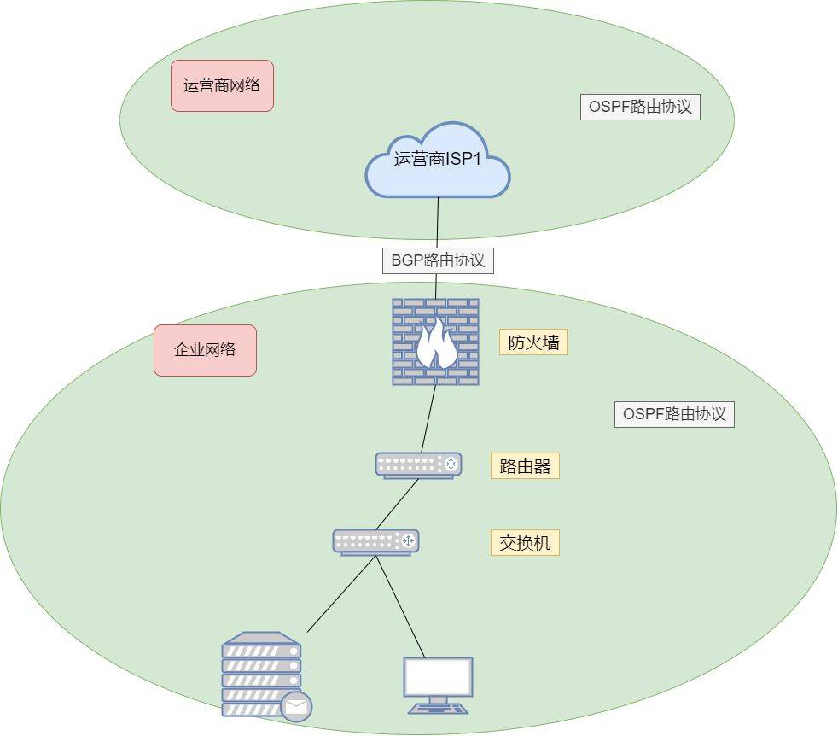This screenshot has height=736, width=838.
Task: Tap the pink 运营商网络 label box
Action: pyautogui.click(x=222, y=85)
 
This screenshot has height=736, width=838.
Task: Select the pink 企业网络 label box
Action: pyautogui.click(x=205, y=350)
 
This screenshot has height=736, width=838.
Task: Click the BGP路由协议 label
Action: pyautogui.click(x=438, y=260)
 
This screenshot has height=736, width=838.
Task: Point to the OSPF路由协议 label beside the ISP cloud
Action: pyautogui.click(x=640, y=108)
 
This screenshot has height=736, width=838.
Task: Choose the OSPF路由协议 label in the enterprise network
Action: pyautogui.click(x=674, y=415)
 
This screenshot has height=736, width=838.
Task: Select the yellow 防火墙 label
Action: pyautogui.click(x=533, y=342)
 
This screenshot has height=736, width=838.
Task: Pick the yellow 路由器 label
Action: pyautogui.click(x=525, y=466)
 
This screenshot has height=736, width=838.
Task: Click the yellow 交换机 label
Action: pyautogui.click(x=525, y=542)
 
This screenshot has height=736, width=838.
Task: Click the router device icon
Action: pyautogui.click(x=418, y=464)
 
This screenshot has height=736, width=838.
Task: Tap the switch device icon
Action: pyautogui.click(x=375, y=541)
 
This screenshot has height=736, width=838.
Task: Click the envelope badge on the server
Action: pyautogui.click(x=296, y=706)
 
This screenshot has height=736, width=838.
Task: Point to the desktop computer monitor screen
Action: pyautogui.click(x=438, y=677)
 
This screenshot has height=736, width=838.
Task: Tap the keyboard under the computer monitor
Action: pyautogui.click(x=438, y=708)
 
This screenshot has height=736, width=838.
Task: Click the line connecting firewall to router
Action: pyautogui.click(x=428, y=418)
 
